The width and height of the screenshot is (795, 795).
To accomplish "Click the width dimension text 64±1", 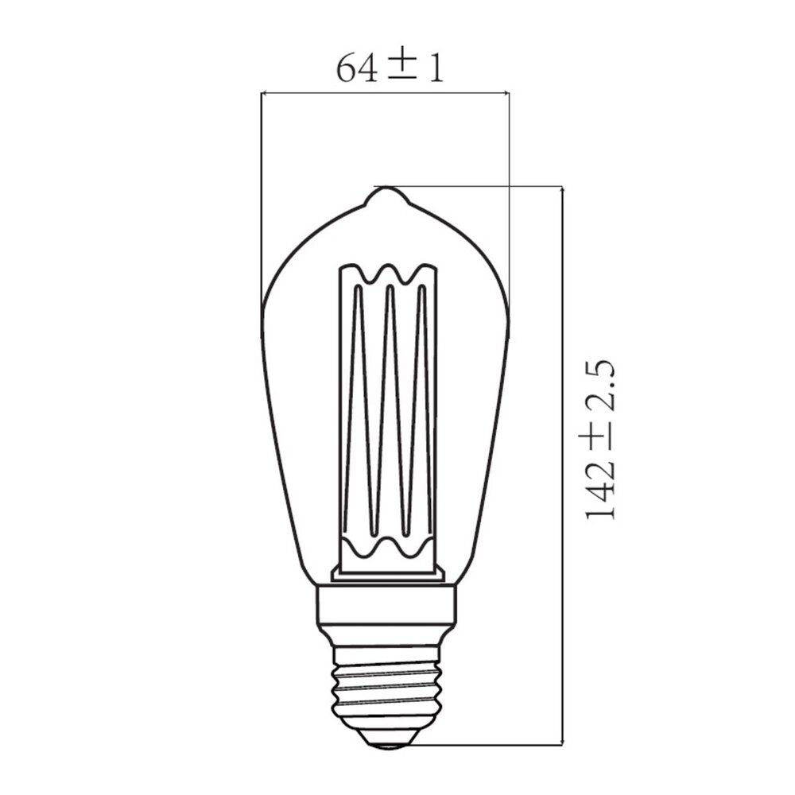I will click(389, 68).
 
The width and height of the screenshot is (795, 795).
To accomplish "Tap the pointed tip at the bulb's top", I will click(386, 191).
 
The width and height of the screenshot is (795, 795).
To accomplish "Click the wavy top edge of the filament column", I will click(387, 274).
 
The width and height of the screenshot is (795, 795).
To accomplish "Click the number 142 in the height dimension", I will click(601, 494).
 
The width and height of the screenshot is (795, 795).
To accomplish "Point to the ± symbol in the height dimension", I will click(601, 444).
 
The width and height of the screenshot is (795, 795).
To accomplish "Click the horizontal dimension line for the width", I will click(386, 93).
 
